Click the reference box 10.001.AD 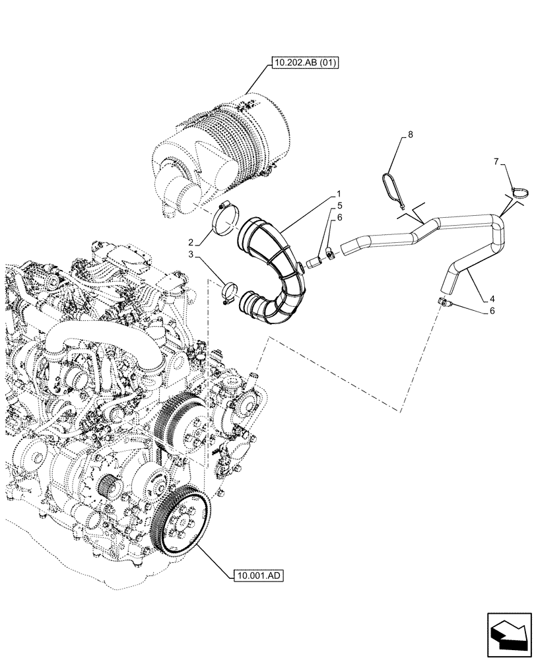(x=258, y=576)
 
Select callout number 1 (x=339, y=195)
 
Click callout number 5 (x=339, y=206)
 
